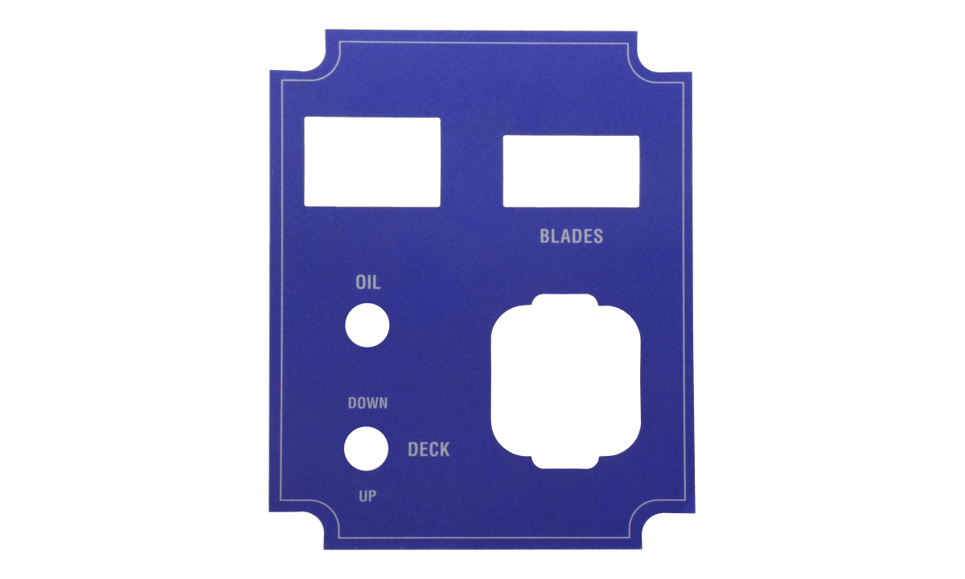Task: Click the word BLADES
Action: point(571,236)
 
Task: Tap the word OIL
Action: point(368,283)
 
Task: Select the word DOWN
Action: point(368,403)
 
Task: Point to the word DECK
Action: point(429,450)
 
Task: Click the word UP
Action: point(368,496)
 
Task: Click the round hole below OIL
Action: point(367,325)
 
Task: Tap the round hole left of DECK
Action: point(367,448)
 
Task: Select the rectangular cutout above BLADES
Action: point(571,171)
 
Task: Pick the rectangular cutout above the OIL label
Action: point(372,162)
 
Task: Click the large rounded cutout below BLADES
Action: point(566,382)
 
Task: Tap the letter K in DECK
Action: point(444,450)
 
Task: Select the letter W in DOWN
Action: point(371,403)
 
